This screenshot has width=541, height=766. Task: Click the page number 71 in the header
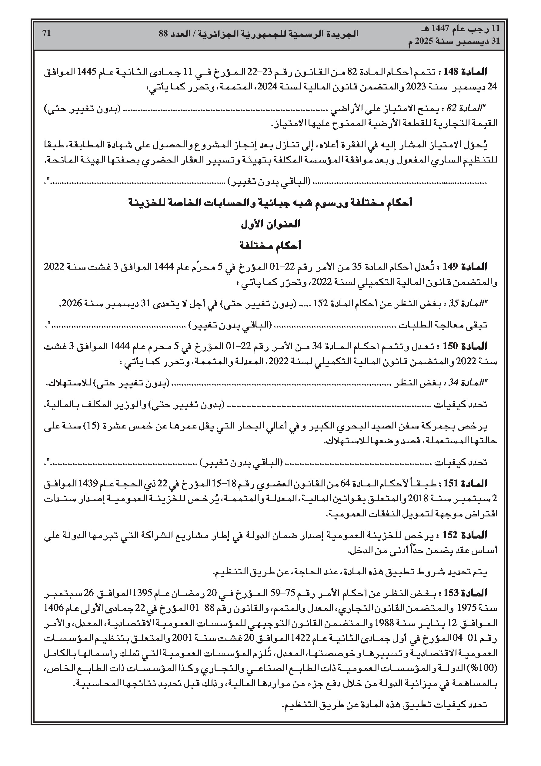tap(46, 33)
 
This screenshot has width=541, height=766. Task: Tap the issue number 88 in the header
tap(163, 34)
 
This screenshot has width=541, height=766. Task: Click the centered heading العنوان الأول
tap(270, 224)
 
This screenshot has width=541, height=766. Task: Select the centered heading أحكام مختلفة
tap(270, 246)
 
